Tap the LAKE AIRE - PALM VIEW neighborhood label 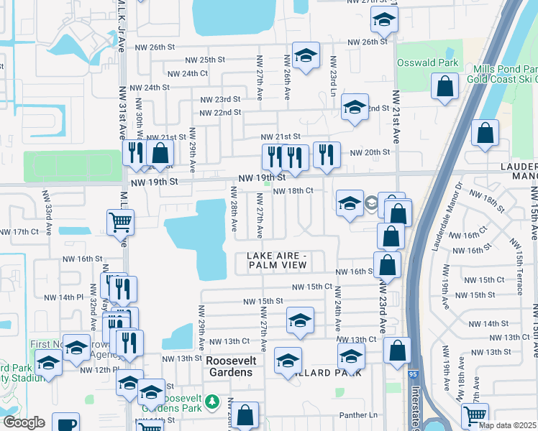pos(277,261)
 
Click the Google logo pos(24,422)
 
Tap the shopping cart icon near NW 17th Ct pos(119,222)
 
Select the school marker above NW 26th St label pos(385,20)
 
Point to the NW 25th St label pos(205,60)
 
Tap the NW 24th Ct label pos(187,73)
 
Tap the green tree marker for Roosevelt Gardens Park pos(212,401)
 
